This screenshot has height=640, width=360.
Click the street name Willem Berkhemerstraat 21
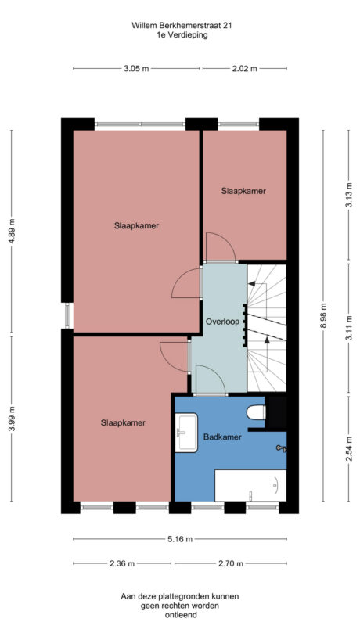[x=182, y=25]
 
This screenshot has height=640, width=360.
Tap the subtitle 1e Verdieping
[x=182, y=35]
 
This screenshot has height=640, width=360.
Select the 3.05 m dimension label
[x=136, y=69]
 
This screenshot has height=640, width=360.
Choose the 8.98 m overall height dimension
[x=322, y=316]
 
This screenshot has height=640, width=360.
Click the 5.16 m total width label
[x=179, y=539]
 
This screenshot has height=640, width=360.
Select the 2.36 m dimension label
[x=122, y=563]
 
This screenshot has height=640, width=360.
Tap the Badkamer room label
[x=222, y=437]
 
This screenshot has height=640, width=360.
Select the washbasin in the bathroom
[x=186, y=433]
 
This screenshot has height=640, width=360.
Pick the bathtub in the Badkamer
[x=250, y=486]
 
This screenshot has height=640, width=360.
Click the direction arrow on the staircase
[x=267, y=340]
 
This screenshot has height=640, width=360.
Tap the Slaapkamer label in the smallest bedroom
[x=243, y=191]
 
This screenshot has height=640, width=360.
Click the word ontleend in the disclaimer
[x=180, y=615]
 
